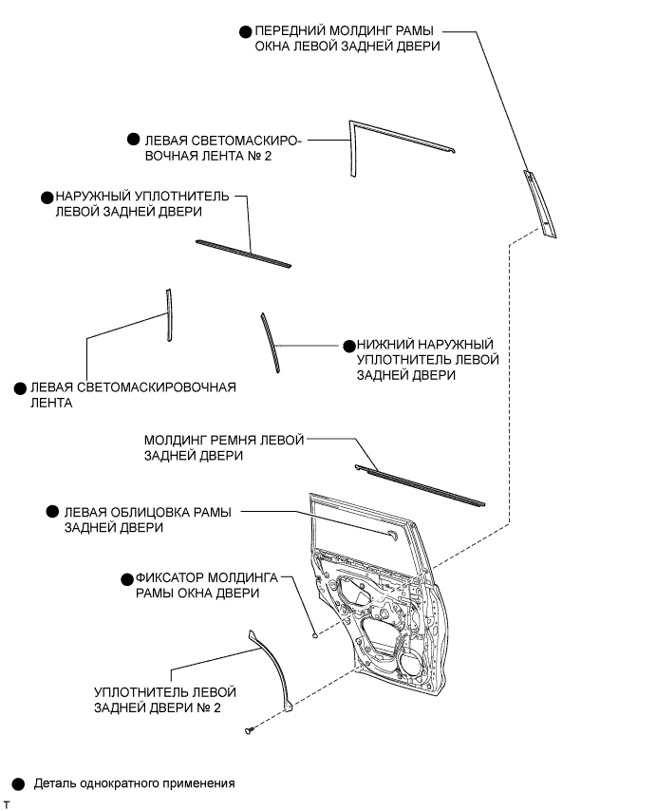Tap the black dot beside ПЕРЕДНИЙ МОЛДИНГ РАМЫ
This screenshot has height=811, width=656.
click(246, 32)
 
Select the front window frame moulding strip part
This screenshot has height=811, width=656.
click(539, 204)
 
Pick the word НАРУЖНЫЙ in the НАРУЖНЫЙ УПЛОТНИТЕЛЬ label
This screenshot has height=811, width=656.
click(92, 197)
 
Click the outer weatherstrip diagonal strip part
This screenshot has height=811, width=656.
click(243, 254)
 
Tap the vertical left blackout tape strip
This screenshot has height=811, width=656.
click(169, 314)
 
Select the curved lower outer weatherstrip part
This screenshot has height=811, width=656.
click(271, 342)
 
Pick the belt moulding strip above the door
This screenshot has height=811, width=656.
click(420, 485)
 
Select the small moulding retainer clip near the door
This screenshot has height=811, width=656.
click(314, 635)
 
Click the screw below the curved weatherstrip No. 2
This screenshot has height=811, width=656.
click(250, 730)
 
